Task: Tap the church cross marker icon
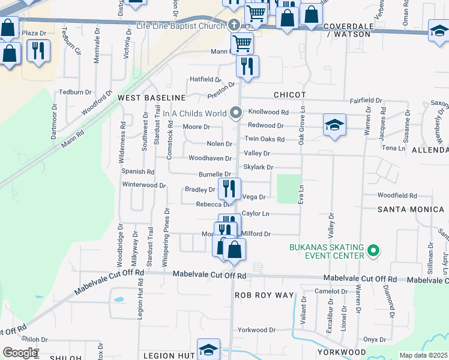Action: pos(234,25)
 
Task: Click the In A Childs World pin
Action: pos(236,113)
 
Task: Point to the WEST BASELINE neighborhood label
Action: pos(152,97)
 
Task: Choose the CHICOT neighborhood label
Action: pos(289,95)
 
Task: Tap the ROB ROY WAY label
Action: pos(265,295)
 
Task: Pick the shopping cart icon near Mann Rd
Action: pos(242,43)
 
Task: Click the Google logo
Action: pos(20,353)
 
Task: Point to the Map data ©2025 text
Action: pos(423,355)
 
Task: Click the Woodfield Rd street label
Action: pos(397,196)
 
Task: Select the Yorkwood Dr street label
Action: pos(256,330)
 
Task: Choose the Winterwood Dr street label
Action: pos(143,185)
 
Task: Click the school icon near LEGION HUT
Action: pos(208,349)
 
